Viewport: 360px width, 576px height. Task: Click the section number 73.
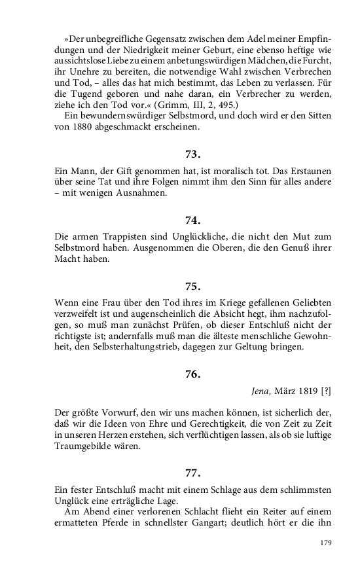click(192, 155)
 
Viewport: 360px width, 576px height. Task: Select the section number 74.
click(192, 221)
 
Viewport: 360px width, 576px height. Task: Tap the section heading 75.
click(192, 286)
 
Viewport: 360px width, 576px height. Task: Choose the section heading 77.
click(192, 472)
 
